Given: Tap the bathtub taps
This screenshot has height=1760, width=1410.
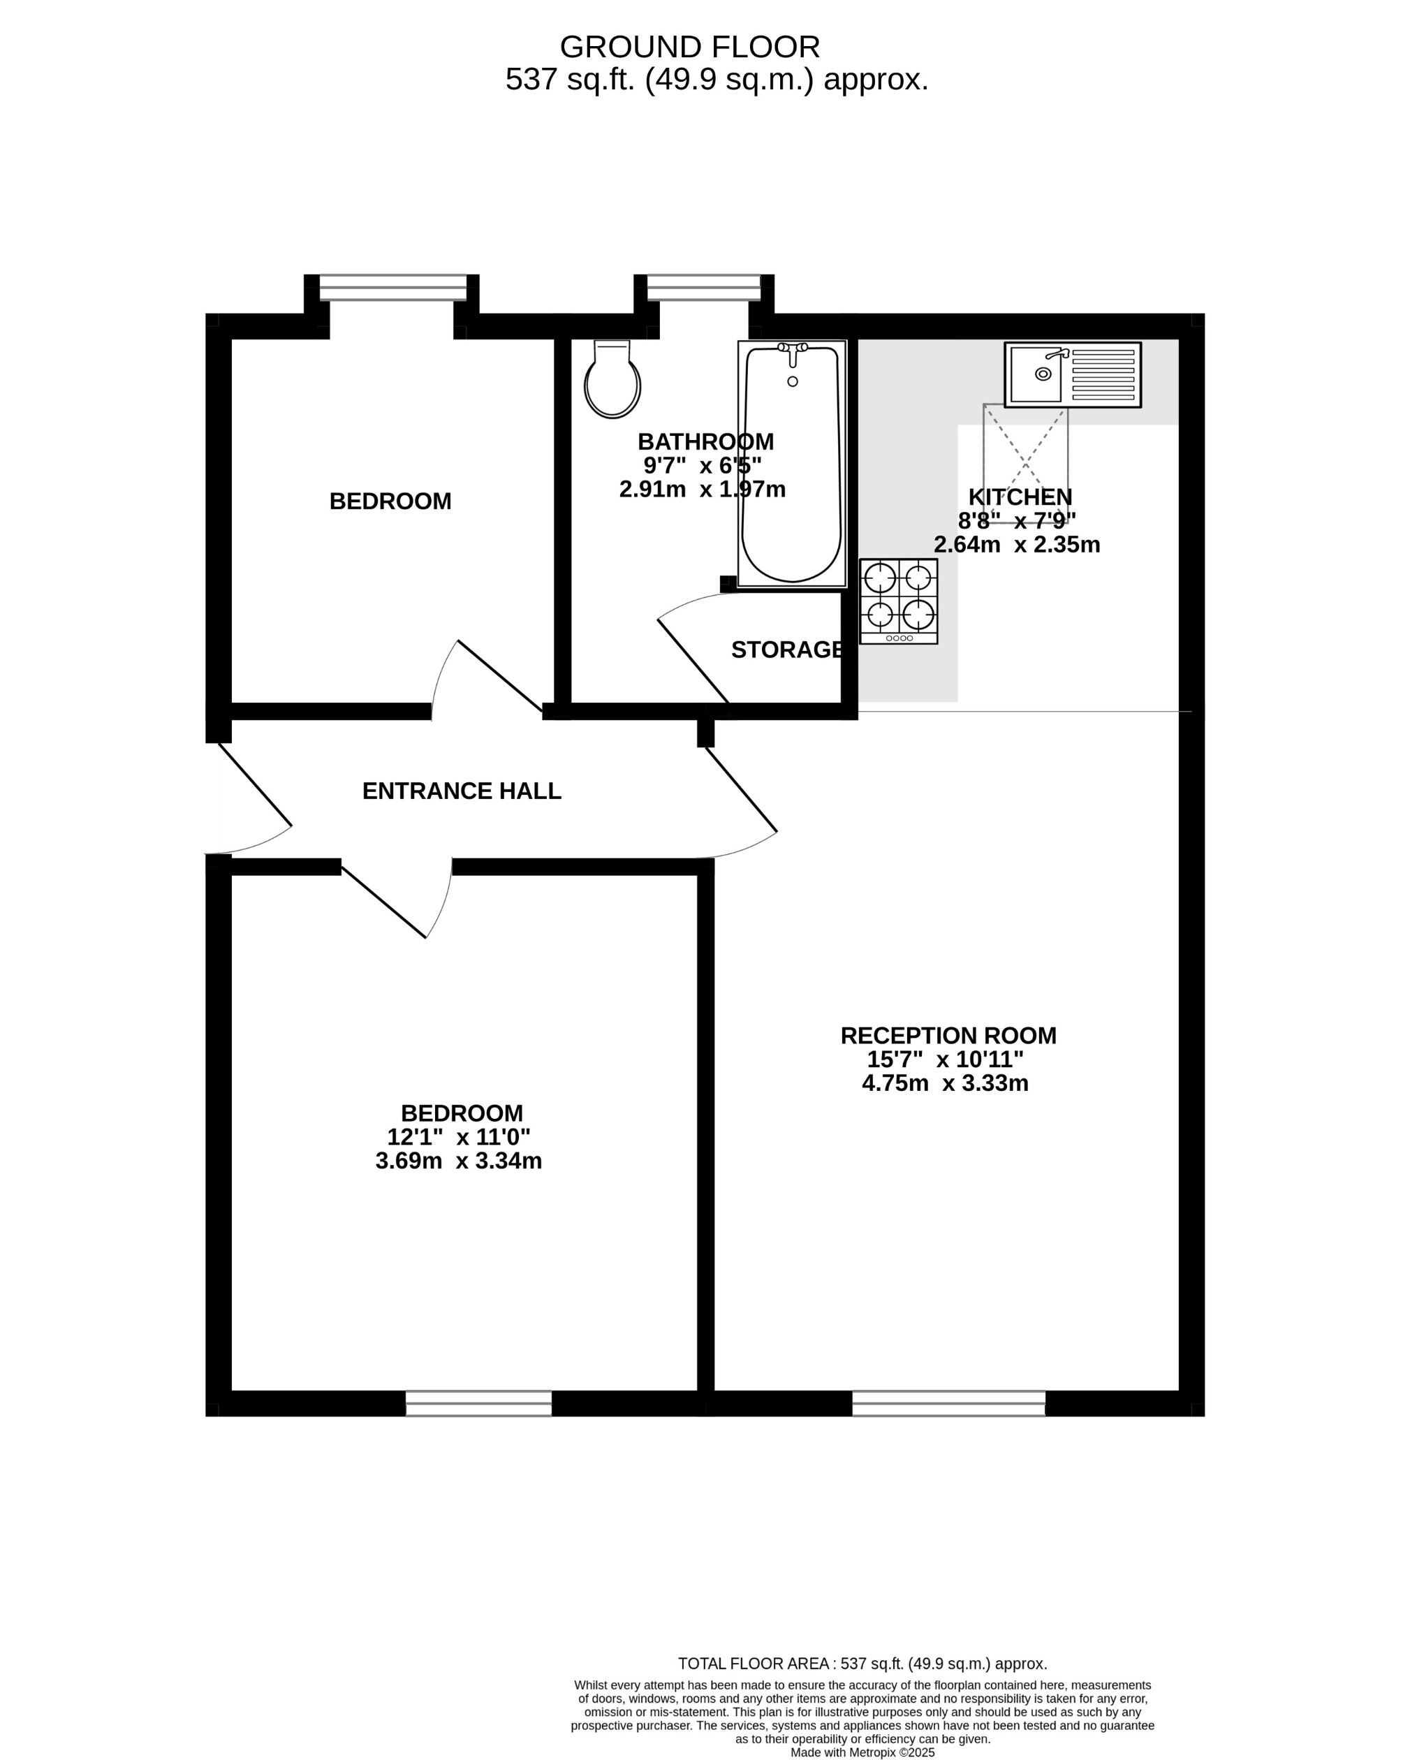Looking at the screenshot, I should click(x=792, y=349).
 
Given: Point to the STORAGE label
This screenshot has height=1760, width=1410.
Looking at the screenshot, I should click(x=787, y=650).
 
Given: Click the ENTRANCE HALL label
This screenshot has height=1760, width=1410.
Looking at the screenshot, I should click(x=462, y=791).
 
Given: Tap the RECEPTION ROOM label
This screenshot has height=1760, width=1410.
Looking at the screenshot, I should click(x=948, y=1036).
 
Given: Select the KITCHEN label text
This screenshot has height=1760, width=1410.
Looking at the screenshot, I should click(x=1020, y=497).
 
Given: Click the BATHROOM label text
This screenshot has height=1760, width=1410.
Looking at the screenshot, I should click(x=705, y=441).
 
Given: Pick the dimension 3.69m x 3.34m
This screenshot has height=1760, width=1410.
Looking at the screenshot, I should click(x=458, y=1161).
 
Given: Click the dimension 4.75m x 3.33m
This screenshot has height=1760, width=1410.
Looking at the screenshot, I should click(x=945, y=1083).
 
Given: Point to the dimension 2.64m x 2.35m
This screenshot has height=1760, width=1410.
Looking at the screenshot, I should click(x=1017, y=545).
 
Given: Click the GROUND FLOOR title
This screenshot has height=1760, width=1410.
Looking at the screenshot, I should click(x=690, y=47).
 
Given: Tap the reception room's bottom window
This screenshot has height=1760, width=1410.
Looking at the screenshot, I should click(x=948, y=1403).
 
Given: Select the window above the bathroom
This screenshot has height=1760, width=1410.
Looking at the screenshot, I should click(x=703, y=287).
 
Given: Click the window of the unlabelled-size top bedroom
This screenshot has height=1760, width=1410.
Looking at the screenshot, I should click(x=392, y=287).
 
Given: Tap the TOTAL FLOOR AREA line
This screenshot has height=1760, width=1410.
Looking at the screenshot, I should click(x=862, y=1664).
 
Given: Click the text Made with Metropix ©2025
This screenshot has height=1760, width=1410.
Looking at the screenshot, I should click(x=862, y=1752).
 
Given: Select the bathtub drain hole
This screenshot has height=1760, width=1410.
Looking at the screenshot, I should click(x=792, y=381).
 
